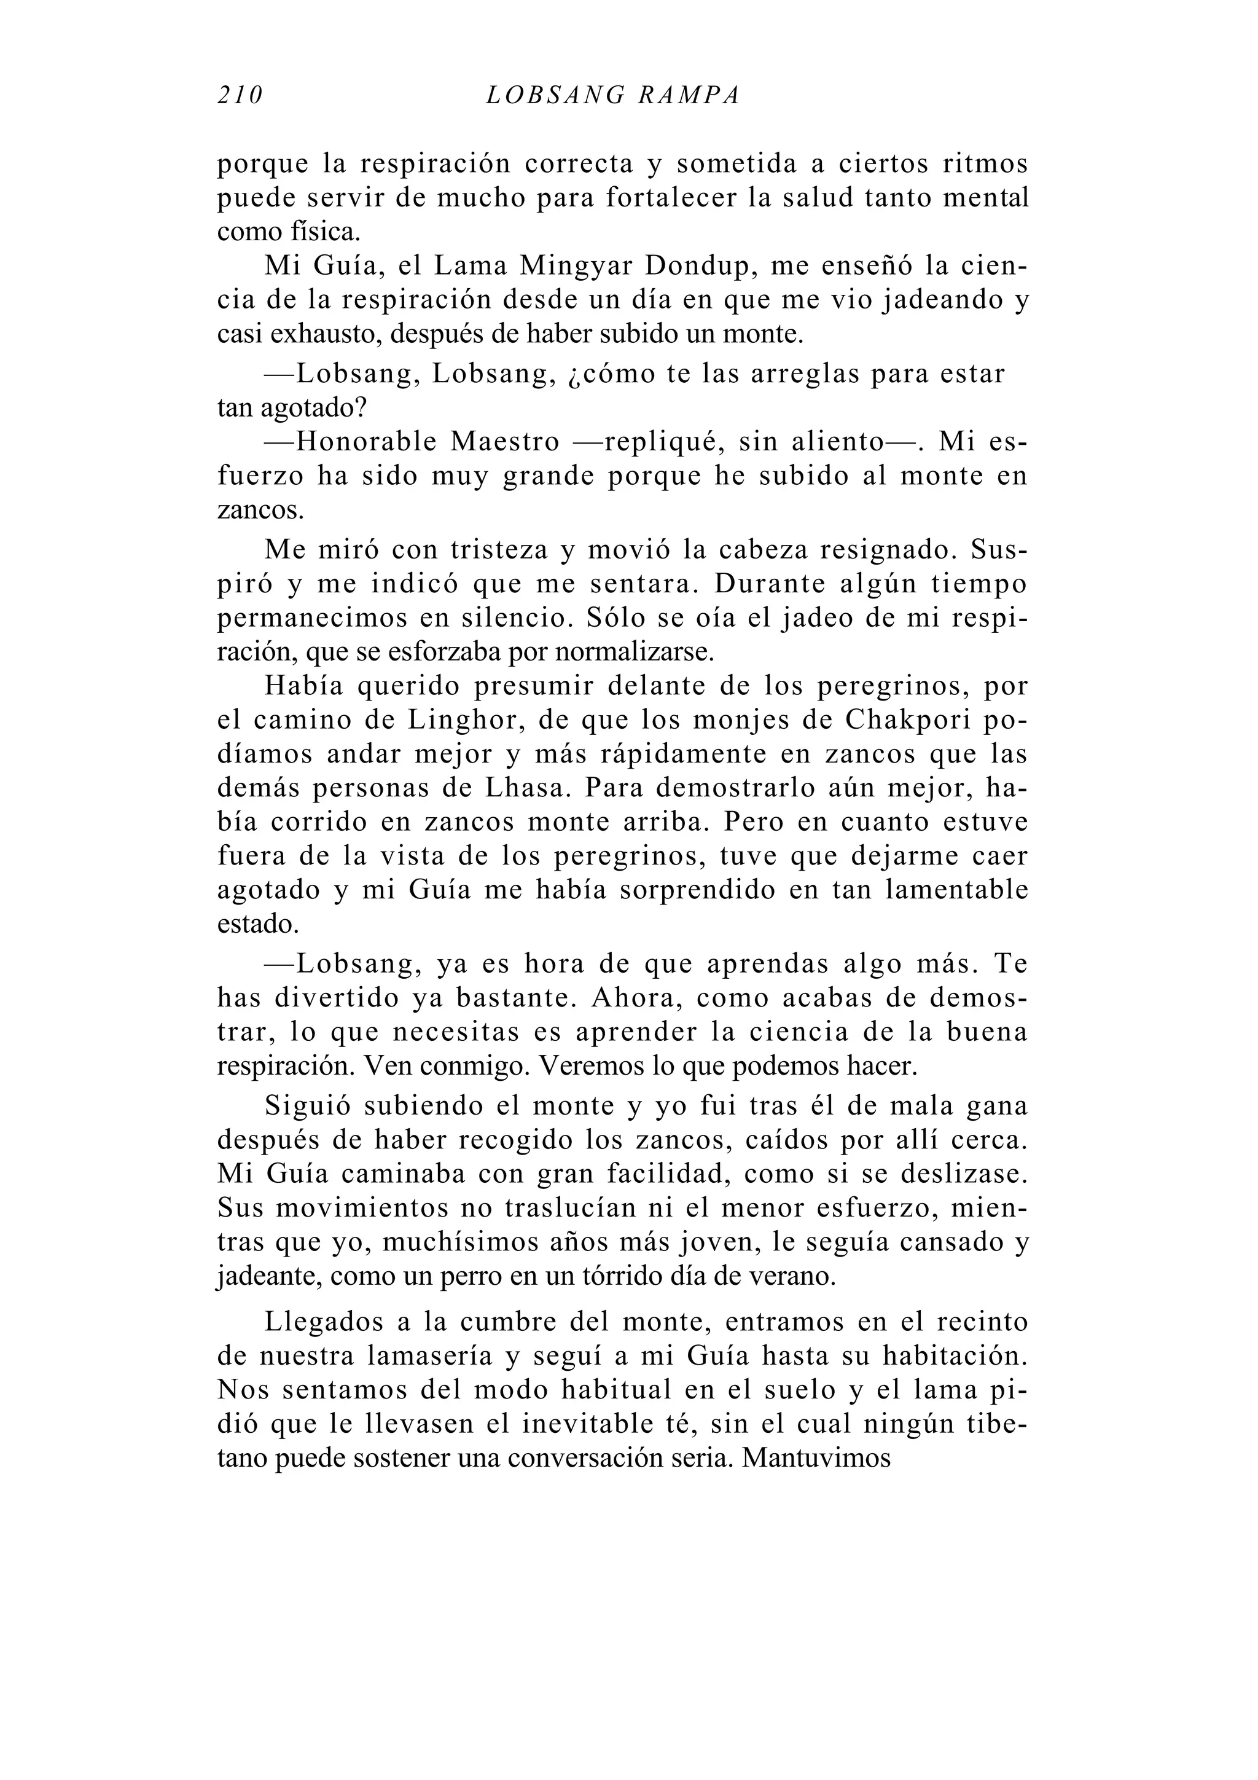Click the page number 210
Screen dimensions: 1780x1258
[240, 95]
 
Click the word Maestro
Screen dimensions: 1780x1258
[504, 442]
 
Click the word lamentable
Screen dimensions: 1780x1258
[956, 890]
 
